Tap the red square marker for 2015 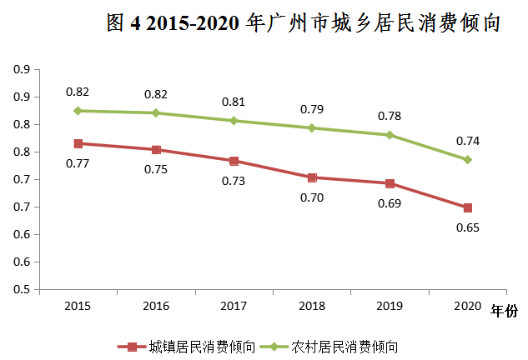pyautogui.click(x=78, y=143)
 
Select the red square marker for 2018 pyautogui.click(x=312, y=177)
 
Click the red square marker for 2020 pyautogui.click(x=468, y=207)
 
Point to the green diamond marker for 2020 pyautogui.click(x=468, y=159)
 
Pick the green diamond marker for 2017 pyautogui.click(x=234, y=121)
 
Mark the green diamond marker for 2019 pyautogui.click(x=390, y=135)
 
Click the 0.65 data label pyautogui.click(x=468, y=227)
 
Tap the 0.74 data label pyautogui.click(x=468, y=140)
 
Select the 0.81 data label pyautogui.click(x=234, y=102)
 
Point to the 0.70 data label pyautogui.click(x=312, y=197)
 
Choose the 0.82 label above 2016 pyautogui.click(x=156, y=94)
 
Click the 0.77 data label pyautogui.click(x=78, y=163)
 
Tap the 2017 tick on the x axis pyautogui.click(x=234, y=307)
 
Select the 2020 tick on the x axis pyautogui.click(x=468, y=307)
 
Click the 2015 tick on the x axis pyautogui.click(x=78, y=307)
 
